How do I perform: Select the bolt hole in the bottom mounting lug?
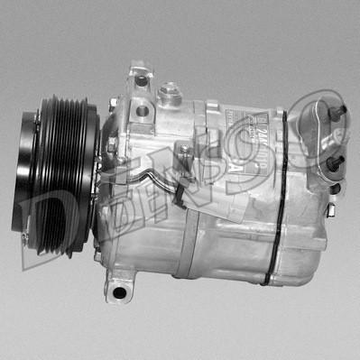pos(117,291)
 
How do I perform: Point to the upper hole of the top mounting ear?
pos(141,81)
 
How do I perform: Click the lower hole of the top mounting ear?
pos(142,111)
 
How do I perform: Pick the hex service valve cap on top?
pos(168,93)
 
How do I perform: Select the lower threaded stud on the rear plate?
pos(336,161)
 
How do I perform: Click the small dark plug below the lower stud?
pos(334,189)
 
